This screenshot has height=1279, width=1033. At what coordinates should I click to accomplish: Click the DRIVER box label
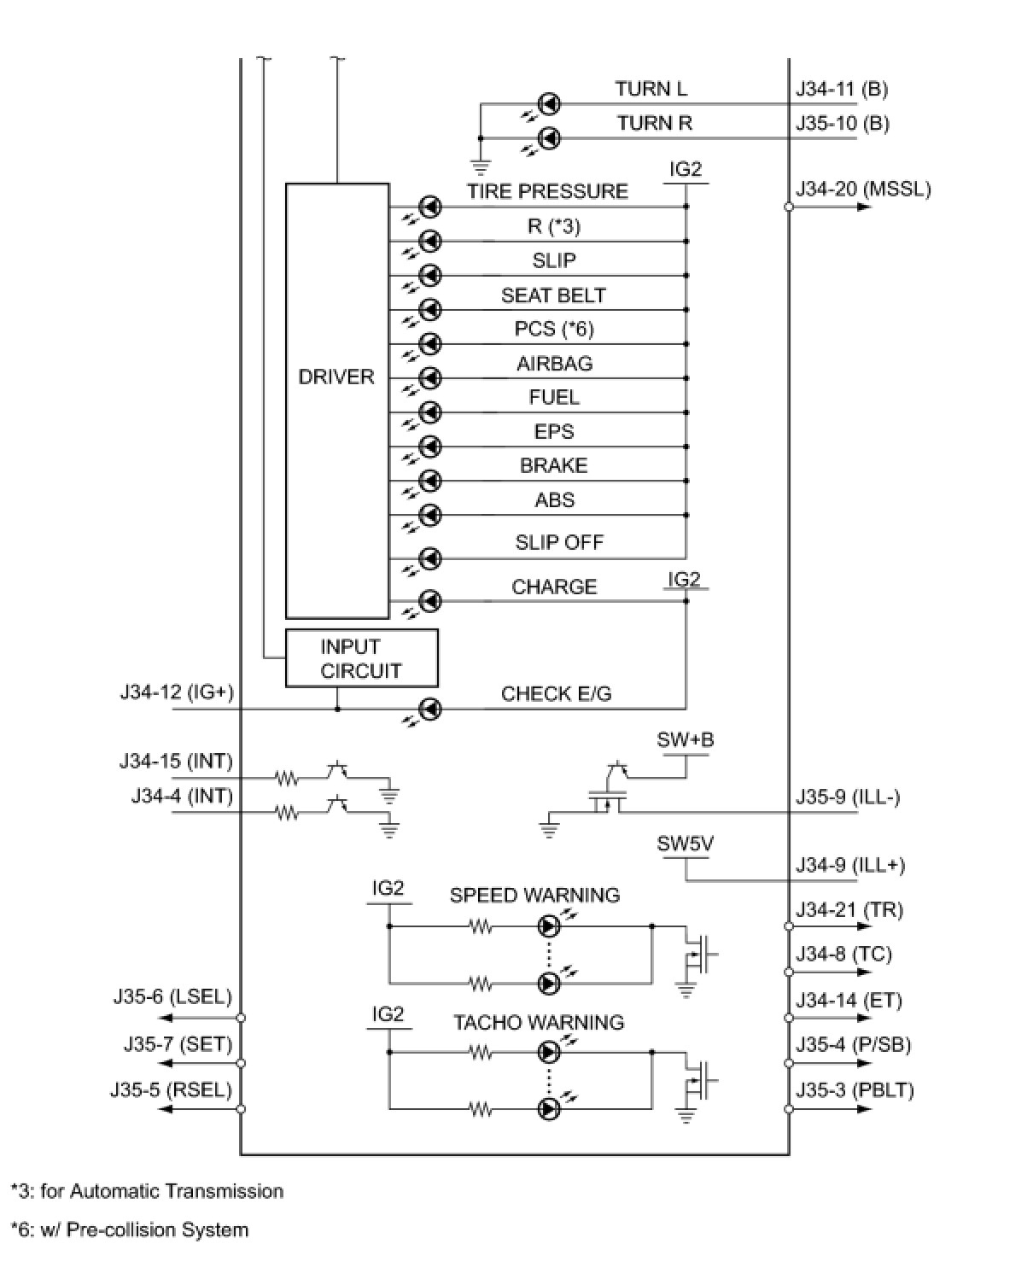pyautogui.click(x=336, y=377)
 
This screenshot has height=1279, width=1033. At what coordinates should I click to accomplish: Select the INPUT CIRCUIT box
pyautogui.click(x=361, y=658)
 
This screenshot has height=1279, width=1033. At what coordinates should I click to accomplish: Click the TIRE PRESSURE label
pyautogui.click(x=547, y=191)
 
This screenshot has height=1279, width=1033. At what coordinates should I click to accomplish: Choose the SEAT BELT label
pyautogui.click(x=553, y=295)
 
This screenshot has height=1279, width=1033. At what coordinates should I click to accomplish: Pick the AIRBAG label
pyautogui.click(x=554, y=364)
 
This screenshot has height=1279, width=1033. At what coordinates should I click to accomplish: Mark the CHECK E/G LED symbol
pyautogui.click(x=432, y=709)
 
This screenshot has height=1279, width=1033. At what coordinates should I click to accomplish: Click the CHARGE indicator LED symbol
pyautogui.click(x=432, y=600)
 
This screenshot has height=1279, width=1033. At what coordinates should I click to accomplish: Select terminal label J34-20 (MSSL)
pyautogui.click(x=863, y=189)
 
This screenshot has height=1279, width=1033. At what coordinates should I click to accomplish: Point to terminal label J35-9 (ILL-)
pyautogui.click(x=848, y=797)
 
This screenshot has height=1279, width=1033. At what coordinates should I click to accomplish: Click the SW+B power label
pyautogui.click(x=685, y=740)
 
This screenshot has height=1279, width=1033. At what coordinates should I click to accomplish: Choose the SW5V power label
pyautogui.click(x=685, y=844)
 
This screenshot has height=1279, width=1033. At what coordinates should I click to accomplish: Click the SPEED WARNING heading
pyautogui.click(x=534, y=895)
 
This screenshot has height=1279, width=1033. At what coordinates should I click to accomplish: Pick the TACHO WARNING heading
pyautogui.click(x=538, y=1022)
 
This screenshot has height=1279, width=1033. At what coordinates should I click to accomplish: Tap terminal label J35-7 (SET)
pyautogui.click(x=178, y=1044)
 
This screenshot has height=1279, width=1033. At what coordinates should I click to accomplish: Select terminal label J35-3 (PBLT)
pyautogui.click(x=855, y=1090)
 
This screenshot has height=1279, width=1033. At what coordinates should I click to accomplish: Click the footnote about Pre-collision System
pyautogui.click(x=130, y=1229)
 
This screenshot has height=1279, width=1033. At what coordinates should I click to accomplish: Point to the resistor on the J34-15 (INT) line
pyautogui.click(x=287, y=779)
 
